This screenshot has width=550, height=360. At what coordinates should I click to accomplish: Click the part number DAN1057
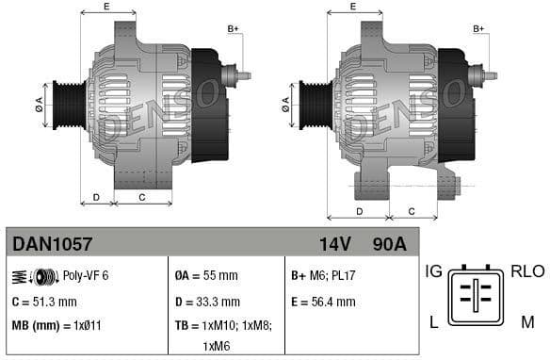[x=52, y=245]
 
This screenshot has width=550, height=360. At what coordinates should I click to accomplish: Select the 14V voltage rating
[x=334, y=245]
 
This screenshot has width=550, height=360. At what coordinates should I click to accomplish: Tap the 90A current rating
[x=389, y=245]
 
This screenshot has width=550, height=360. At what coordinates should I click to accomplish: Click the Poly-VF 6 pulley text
[x=86, y=275]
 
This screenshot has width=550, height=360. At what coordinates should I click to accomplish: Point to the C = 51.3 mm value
[x=43, y=302]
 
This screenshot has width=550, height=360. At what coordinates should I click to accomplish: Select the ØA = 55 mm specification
[x=207, y=275]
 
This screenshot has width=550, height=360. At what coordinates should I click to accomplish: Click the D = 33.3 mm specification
[x=208, y=302]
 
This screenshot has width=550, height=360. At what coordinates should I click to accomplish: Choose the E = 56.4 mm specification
[x=323, y=302]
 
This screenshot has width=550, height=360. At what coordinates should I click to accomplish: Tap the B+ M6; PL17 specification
[x=323, y=275]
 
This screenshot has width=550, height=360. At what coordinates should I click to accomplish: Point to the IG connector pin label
[x=433, y=271]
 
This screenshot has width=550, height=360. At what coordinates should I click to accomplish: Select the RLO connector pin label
[x=527, y=271]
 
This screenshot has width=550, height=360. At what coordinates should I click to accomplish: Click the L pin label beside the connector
[x=434, y=322]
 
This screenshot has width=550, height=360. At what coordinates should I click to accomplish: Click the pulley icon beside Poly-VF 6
[x=35, y=275]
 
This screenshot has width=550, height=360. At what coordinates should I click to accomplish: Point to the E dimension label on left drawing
[x=105, y=8]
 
